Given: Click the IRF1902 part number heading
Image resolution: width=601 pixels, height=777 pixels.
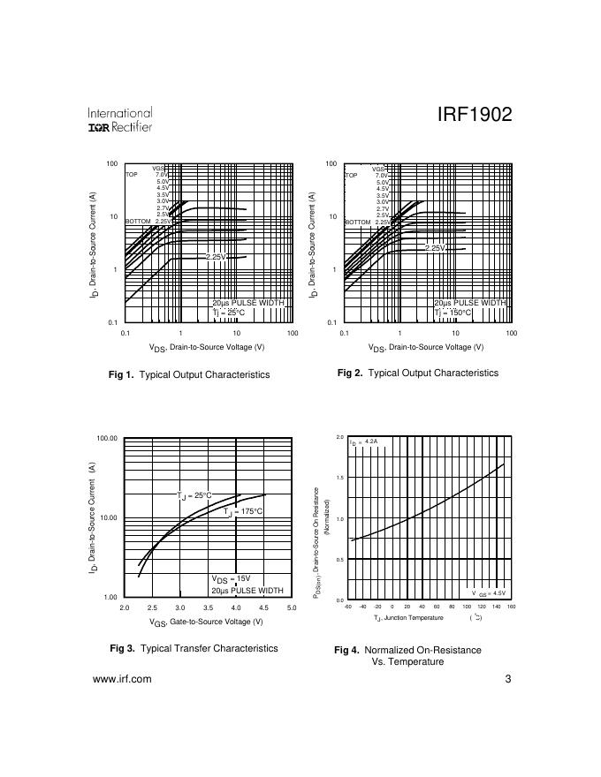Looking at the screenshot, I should (x=475, y=117).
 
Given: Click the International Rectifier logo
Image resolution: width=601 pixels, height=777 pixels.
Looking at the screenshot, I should (x=120, y=120).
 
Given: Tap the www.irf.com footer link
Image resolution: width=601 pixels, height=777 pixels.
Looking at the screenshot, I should (x=122, y=679).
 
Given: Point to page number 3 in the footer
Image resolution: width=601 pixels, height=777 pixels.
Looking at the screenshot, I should (x=508, y=679).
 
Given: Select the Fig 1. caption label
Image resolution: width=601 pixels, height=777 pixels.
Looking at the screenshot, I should (x=121, y=374).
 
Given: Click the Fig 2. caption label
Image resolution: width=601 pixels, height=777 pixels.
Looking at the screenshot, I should (x=350, y=373).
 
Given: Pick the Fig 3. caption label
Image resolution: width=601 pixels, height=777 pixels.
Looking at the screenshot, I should (x=122, y=648).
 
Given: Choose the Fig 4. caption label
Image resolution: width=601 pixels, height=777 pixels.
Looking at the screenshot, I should (x=346, y=650).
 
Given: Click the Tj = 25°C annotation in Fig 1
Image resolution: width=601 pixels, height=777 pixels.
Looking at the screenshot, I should (x=228, y=312).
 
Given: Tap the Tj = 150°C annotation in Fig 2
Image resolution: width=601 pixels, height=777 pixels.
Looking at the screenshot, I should (x=453, y=312).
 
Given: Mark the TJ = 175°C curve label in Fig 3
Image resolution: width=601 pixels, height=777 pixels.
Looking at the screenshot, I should (x=244, y=511).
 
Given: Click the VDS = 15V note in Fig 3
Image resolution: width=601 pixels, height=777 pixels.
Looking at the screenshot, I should (x=232, y=579).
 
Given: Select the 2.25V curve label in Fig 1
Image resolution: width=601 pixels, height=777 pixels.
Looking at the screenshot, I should (x=217, y=256).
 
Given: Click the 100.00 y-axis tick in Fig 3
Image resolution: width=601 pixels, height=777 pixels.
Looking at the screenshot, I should (x=107, y=438).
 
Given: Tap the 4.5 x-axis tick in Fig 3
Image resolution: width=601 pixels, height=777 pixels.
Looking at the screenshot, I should (x=263, y=608).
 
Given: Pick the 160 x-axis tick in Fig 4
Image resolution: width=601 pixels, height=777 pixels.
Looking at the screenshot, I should (x=511, y=607).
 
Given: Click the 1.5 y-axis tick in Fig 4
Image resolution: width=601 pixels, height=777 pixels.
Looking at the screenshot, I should (x=340, y=478).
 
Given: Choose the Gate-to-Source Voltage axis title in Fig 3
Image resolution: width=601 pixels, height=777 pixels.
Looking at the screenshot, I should (x=206, y=622).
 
